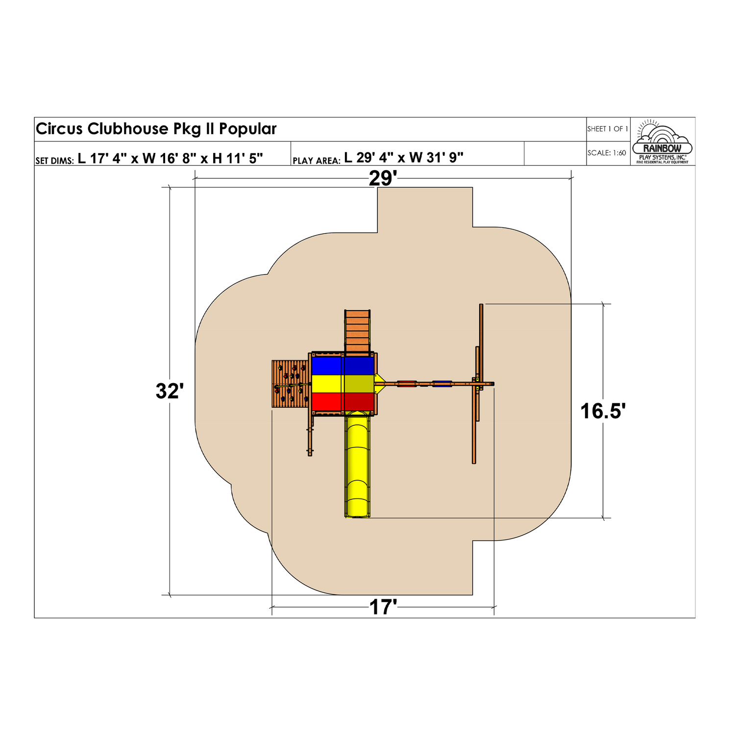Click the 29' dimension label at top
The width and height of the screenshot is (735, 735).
[x=383, y=178]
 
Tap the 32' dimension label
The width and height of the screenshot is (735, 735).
[x=170, y=391]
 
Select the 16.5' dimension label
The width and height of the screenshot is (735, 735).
[x=603, y=411]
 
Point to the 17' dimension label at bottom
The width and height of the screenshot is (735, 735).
[x=383, y=607]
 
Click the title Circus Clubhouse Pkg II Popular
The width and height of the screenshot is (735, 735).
[x=156, y=129]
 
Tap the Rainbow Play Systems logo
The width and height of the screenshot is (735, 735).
[x=662, y=142]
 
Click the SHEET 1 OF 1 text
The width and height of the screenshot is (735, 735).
[x=608, y=129]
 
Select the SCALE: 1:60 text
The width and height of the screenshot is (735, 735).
[x=607, y=153]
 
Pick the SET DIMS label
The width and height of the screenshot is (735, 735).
[x=54, y=160]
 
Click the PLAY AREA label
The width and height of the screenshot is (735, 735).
[x=316, y=160]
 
